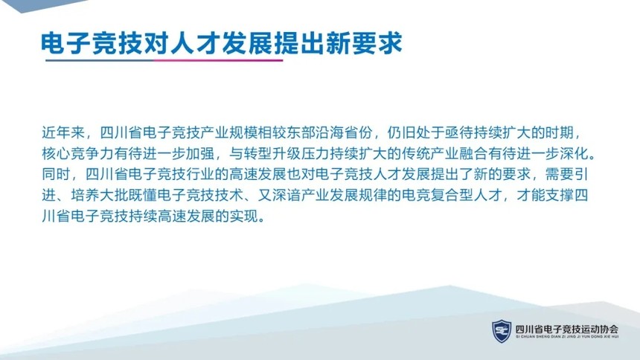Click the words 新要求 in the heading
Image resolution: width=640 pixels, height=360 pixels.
(x=364, y=43)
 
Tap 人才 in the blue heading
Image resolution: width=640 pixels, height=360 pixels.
(x=195, y=43)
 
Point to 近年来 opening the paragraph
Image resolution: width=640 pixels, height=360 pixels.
(x=63, y=133)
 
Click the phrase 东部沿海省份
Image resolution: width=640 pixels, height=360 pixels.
(x=330, y=133)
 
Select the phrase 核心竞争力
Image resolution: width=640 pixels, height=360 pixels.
(x=77, y=154)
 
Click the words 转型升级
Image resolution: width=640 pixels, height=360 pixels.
(x=272, y=154)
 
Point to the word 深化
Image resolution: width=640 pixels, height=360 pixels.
(x=575, y=154)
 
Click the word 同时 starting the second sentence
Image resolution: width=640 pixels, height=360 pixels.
(x=57, y=175)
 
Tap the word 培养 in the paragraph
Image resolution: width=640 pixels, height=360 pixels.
(x=86, y=196)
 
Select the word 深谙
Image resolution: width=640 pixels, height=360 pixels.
(x=287, y=196)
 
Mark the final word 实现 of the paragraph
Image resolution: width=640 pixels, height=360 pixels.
(x=243, y=216)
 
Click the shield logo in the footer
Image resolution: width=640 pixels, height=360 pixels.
(x=502, y=330)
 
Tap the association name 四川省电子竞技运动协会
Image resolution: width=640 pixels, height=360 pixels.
(x=567, y=329)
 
